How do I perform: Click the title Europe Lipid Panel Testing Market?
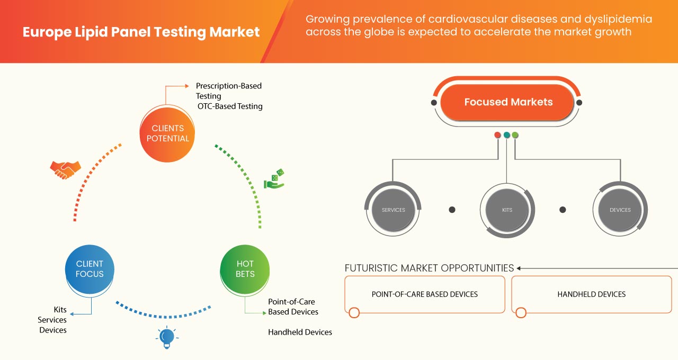click(x=141, y=32)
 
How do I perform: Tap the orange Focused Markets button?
click(x=508, y=102)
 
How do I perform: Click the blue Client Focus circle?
click(x=90, y=268)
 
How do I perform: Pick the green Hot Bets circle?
click(x=245, y=268)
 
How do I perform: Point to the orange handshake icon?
click(x=65, y=169)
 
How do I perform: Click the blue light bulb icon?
click(x=167, y=337)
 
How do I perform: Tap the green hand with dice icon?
click(x=274, y=179)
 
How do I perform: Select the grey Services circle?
click(x=393, y=210)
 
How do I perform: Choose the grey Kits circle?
click(x=507, y=210)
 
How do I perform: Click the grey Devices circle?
click(x=620, y=210)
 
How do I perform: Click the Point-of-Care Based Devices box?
click(x=425, y=294)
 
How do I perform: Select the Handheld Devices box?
click(x=591, y=294)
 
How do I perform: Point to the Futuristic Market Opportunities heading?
click(x=429, y=268)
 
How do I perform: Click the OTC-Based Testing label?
click(x=230, y=106)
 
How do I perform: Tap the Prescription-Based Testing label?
click(x=228, y=91)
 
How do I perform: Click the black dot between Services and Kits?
click(x=452, y=210)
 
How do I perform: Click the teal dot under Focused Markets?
click(x=507, y=135)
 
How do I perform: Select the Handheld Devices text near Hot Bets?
click(x=300, y=332)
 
